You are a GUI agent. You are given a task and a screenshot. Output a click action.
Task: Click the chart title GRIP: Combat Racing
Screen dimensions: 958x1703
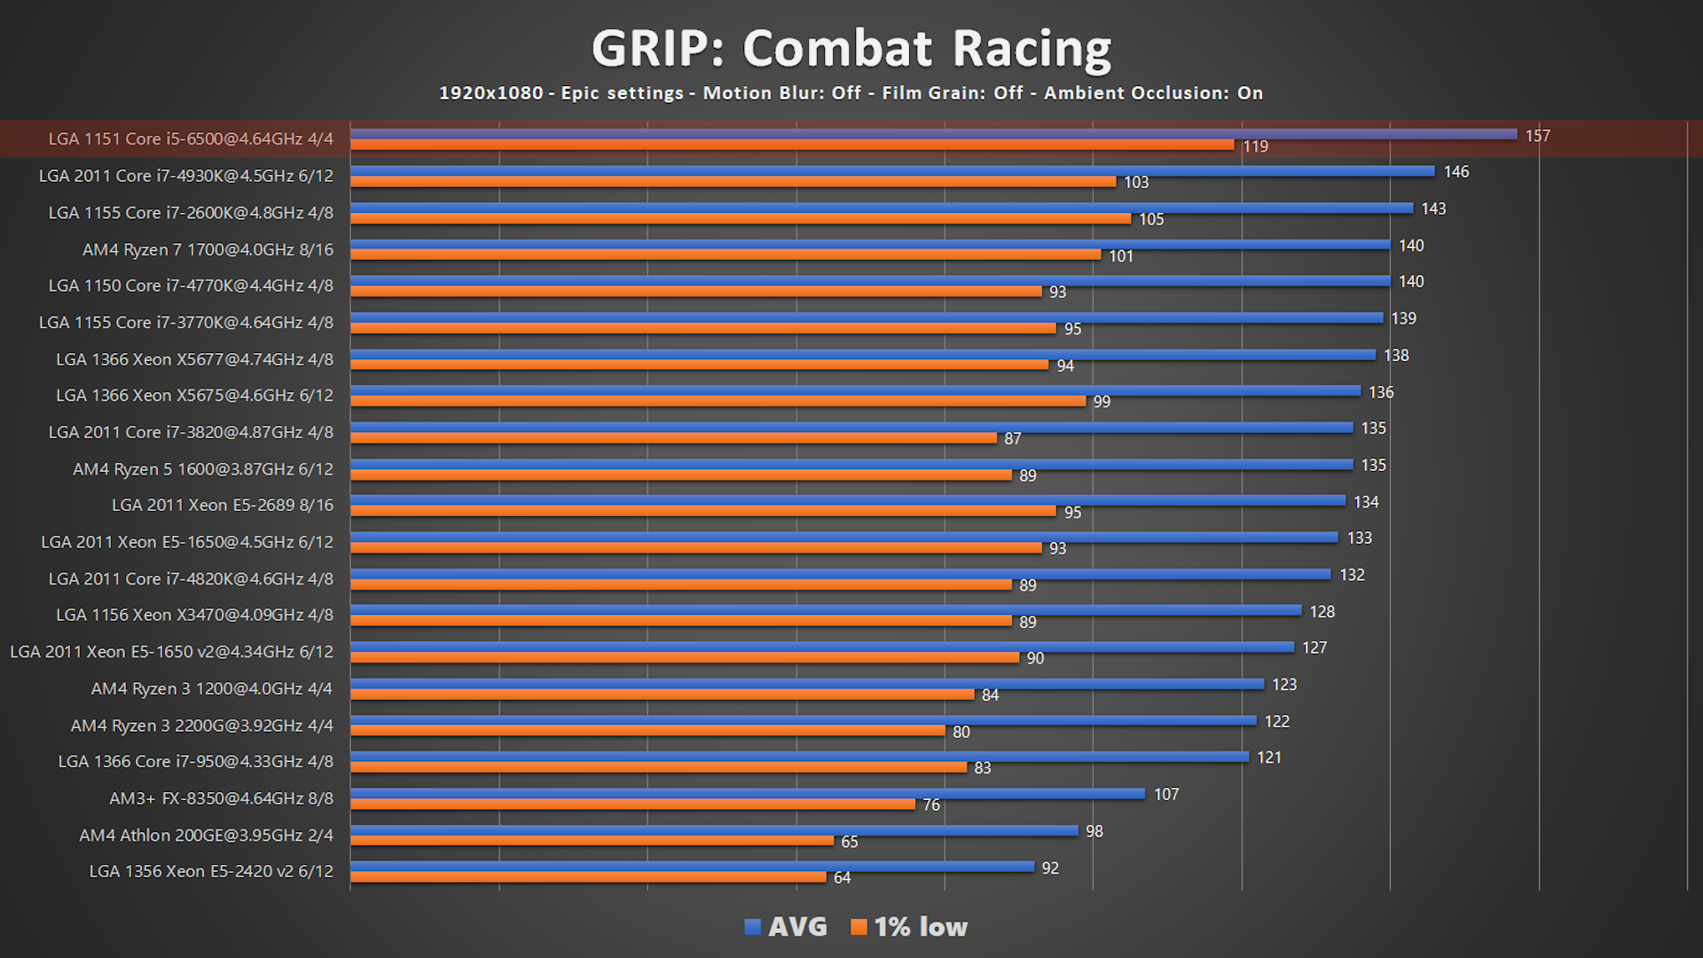click(x=851, y=48)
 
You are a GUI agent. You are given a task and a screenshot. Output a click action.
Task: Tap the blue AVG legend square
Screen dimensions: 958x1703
click(x=753, y=927)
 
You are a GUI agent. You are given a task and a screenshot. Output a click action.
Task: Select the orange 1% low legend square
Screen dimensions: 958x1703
click(x=859, y=927)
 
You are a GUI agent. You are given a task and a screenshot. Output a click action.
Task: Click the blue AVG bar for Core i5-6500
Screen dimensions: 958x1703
click(x=933, y=134)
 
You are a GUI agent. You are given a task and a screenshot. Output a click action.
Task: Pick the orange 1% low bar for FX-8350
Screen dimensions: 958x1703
click(x=632, y=805)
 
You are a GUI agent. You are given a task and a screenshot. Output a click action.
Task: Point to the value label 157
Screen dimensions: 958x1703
click(x=1537, y=136)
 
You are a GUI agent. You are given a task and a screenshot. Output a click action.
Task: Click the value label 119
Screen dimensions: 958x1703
click(x=1255, y=146)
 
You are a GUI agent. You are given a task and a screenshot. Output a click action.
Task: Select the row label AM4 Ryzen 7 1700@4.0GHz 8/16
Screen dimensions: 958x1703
click(x=208, y=249)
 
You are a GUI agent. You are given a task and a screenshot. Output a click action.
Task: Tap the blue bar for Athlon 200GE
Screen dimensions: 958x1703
click(x=714, y=830)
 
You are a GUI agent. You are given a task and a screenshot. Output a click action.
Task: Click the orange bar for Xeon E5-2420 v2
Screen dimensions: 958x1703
click(x=588, y=877)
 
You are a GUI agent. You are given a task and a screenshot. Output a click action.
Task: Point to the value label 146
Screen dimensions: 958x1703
click(x=1456, y=171)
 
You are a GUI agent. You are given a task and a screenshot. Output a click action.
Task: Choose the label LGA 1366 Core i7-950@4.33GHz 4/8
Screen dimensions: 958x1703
click(x=195, y=761)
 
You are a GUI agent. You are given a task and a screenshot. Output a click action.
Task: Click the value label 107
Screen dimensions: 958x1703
click(x=1165, y=794)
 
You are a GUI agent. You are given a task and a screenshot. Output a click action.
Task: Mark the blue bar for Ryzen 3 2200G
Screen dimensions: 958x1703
click(x=803, y=720)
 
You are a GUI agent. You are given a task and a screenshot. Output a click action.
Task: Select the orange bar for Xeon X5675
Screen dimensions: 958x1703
click(x=718, y=401)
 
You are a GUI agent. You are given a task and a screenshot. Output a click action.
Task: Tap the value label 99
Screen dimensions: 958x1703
click(x=1101, y=402)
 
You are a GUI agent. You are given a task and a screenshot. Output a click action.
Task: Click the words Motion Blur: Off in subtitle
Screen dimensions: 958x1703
click(x=781, y=93)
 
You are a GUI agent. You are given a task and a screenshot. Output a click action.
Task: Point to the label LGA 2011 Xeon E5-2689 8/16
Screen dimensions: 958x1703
click(x=222, y=505)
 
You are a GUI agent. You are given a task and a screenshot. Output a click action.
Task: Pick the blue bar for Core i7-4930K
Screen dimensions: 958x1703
click(x=892, y=171)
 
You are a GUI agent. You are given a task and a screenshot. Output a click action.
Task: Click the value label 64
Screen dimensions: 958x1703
click(x=842, y=877)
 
